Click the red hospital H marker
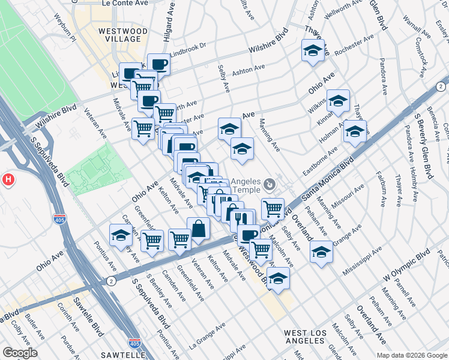(8, 179)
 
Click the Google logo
(20, 353)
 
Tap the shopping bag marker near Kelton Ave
(198, 229)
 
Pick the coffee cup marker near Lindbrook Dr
(159, 64)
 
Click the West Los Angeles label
(305, 337)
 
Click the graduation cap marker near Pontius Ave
(121, 235)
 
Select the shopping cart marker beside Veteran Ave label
(143, 128)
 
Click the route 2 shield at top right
(441, 87)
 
